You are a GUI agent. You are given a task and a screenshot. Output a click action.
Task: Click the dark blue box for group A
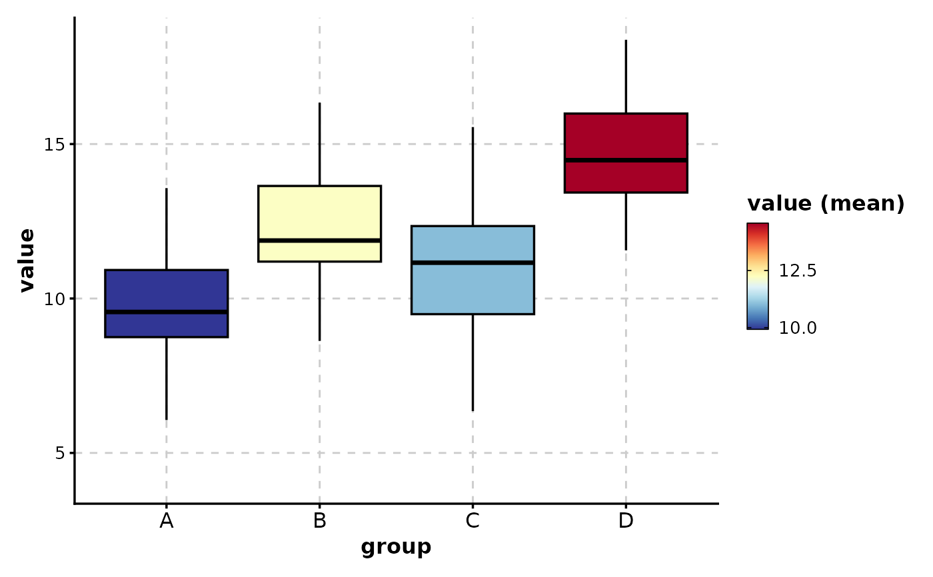pyautogui.click(x=167, y=290)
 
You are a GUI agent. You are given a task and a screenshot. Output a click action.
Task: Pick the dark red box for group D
pyautogui.click(x=626, y=137)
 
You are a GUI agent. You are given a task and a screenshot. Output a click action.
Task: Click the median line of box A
pyautogui.click(x=167, y=312)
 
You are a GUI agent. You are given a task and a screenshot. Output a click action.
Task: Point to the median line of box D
pyautogui.click(x=626, y=160)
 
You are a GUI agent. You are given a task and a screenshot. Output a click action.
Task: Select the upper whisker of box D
pyautogui.click(x=626, y=77)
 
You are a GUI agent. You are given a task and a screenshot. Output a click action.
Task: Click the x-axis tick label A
pyautogui.click(x=167, y=521)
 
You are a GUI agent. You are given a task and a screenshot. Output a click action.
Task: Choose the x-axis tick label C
pyautogui.click(x=472, y=521)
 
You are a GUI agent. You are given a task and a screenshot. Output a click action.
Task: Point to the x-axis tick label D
pyautogui.click(x=626, y=521)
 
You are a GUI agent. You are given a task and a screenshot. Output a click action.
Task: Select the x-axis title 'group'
pyautogui.click(x=396, y=548)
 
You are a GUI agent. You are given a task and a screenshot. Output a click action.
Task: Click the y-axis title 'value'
pyautogui.click(x=27, y=260)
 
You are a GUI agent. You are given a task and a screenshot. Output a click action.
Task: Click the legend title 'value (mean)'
pyautogui.click(x=826, y=204)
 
